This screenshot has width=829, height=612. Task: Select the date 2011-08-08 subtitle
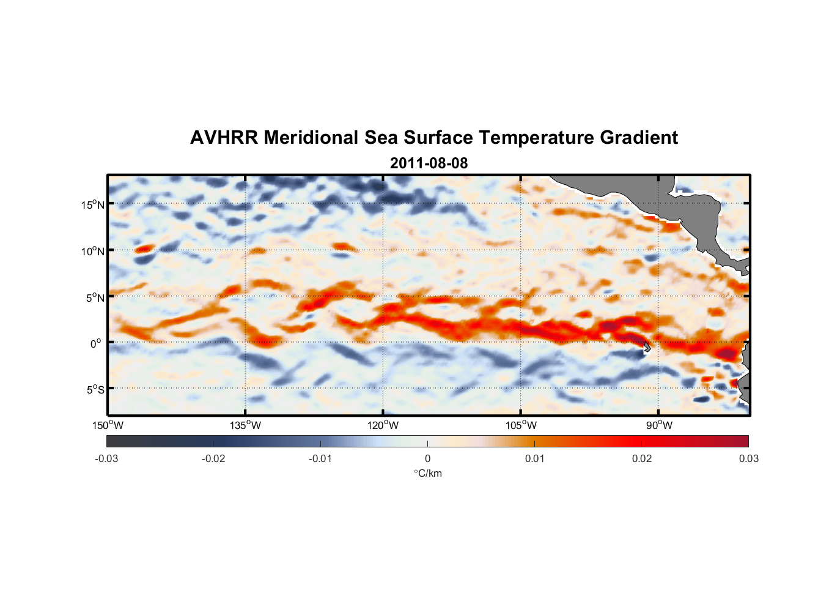[x=429, y=163]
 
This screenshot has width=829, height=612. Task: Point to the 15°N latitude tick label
[x=93, y=204]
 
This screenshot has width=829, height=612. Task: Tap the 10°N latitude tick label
[x=93, y=251]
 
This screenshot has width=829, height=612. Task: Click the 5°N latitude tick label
[x=95, y=297]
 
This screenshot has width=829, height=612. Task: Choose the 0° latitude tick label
[x=96, y=343]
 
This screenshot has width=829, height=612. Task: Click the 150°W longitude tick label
[x=108, y=425]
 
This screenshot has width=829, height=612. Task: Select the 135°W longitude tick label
[x=245, y=425]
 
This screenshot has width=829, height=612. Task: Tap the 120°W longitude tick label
[x=383, y=425]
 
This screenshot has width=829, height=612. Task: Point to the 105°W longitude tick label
[x=521, y=425]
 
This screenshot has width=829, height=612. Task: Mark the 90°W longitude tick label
[x=659, y=425]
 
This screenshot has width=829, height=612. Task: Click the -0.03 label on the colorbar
[x=106, y=458]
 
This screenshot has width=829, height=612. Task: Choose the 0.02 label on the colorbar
[x=642, y=458]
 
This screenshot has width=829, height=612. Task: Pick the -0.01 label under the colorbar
[x=320, y=458]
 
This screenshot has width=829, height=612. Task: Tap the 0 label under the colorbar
[x=427, y=458]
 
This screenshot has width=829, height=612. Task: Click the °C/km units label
[x=427, y=473]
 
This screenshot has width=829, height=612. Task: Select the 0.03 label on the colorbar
[x=748, y=458]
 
